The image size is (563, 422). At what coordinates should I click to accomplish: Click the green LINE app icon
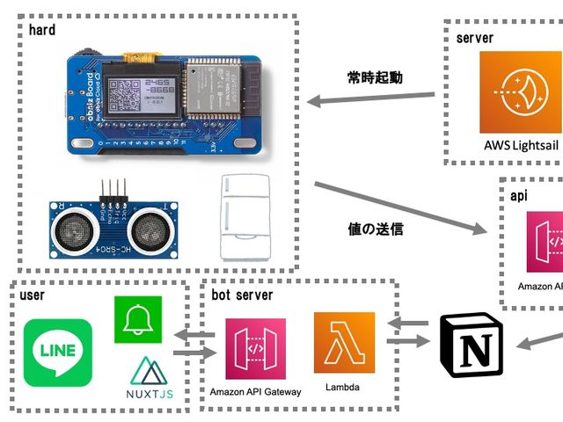58,353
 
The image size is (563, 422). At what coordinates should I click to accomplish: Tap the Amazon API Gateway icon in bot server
255,349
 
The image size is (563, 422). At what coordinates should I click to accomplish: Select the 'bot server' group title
243,295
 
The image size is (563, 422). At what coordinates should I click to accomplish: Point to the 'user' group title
33,295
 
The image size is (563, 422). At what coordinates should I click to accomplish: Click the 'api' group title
519,196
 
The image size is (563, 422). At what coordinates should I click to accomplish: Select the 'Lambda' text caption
342,386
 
